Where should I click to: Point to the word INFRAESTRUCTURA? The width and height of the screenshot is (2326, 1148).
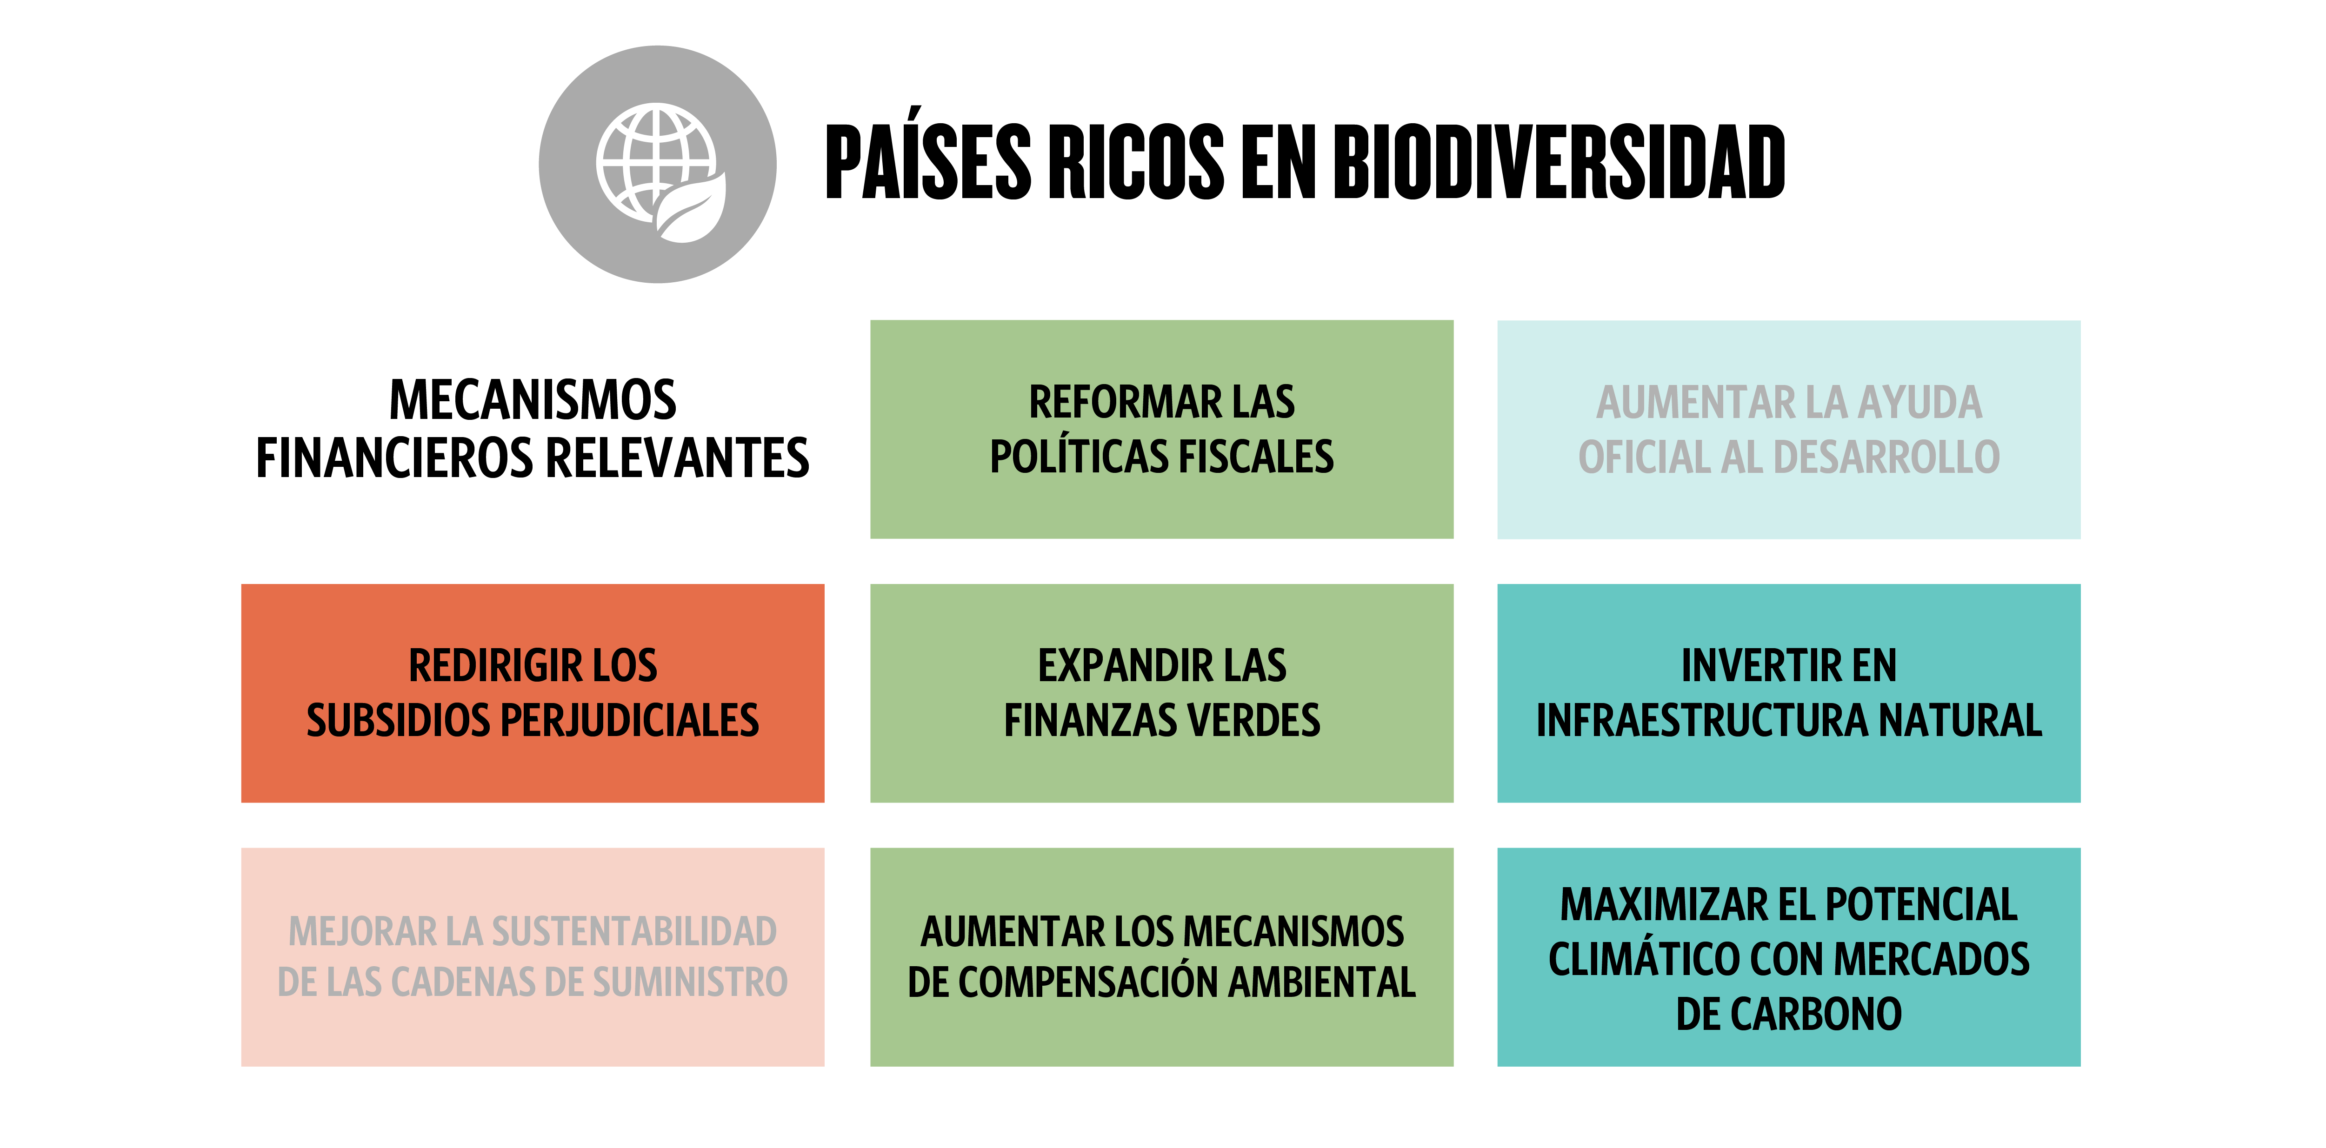(x=1702, y=720)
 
